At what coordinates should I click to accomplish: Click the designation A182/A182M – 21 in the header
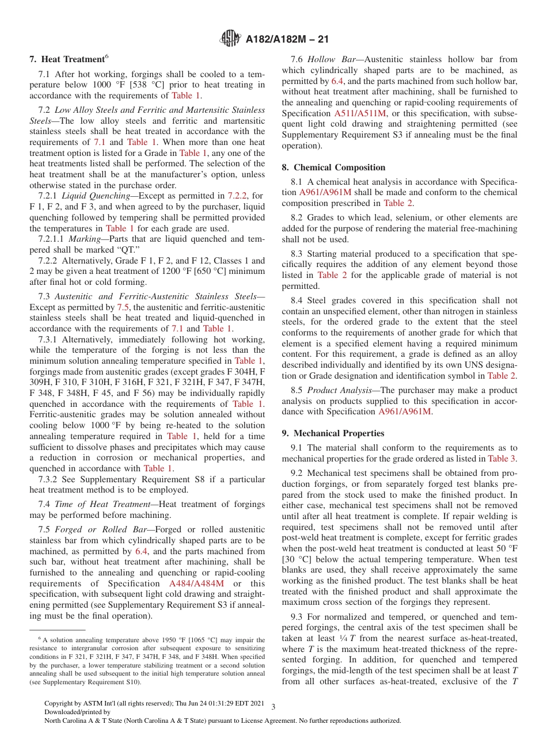(x=287, y=40)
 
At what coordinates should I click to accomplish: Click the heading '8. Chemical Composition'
(x=333, y=167)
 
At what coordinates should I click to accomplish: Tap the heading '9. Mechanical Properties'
(x=333, y=433)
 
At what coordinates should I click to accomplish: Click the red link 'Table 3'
(x=502, y=459)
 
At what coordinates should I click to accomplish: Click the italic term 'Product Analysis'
(x=339, y=390)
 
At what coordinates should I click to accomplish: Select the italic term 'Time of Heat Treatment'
(x=102, y=504)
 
